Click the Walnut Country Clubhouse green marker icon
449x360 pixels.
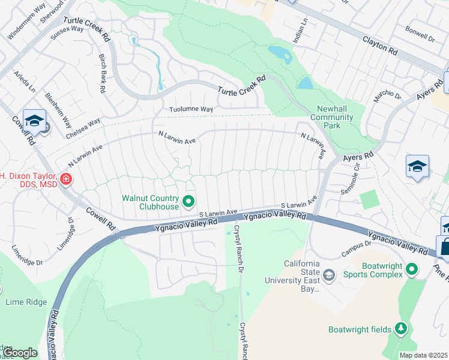[x=188, y=202]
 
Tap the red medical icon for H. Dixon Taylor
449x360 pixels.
[x=65, y=178]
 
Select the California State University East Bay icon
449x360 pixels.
[x=328, y=275]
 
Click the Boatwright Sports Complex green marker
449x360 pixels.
[x=411, y=270]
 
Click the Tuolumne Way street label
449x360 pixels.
[x=191, y=109]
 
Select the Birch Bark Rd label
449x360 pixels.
[x=103, y=73]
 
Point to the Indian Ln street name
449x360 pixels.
[x=304, y=28]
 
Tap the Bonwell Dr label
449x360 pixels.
[x=420, y=34]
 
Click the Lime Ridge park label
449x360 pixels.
[x=26, y=302]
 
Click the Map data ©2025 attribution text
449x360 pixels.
[x=423, y=355]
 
